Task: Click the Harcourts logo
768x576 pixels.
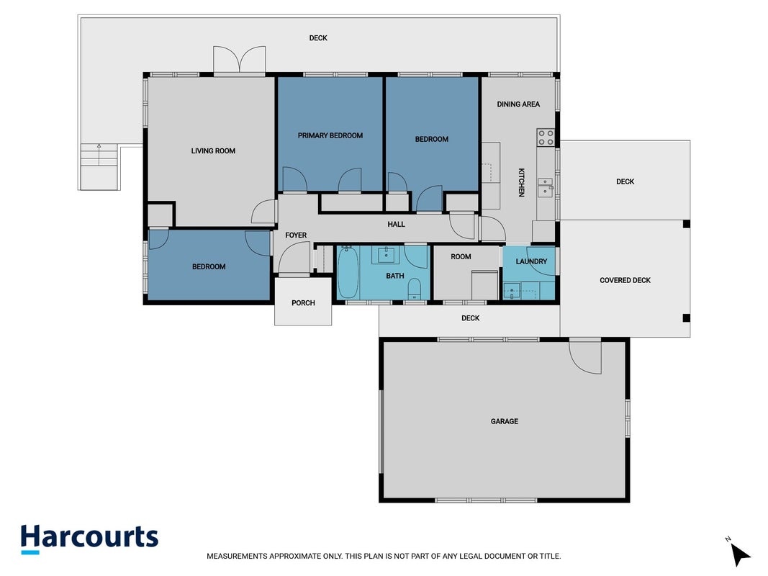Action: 89,539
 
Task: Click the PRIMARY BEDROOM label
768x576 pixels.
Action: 330,135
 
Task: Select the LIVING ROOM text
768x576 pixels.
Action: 213,151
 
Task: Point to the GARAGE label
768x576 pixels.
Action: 504,421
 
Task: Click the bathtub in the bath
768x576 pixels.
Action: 348,272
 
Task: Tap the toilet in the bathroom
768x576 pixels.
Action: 415,289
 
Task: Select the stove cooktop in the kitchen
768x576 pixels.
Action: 546,137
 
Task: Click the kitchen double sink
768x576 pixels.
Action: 545,188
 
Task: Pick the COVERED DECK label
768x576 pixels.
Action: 625,280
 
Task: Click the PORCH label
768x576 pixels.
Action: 303,302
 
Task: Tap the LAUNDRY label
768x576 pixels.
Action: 531,261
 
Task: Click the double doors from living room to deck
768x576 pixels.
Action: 240,60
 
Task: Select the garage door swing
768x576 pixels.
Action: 585,357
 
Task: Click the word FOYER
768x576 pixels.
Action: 296,235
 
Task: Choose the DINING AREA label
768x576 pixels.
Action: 518,104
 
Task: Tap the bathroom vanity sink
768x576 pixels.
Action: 386,254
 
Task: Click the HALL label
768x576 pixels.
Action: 397,225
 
